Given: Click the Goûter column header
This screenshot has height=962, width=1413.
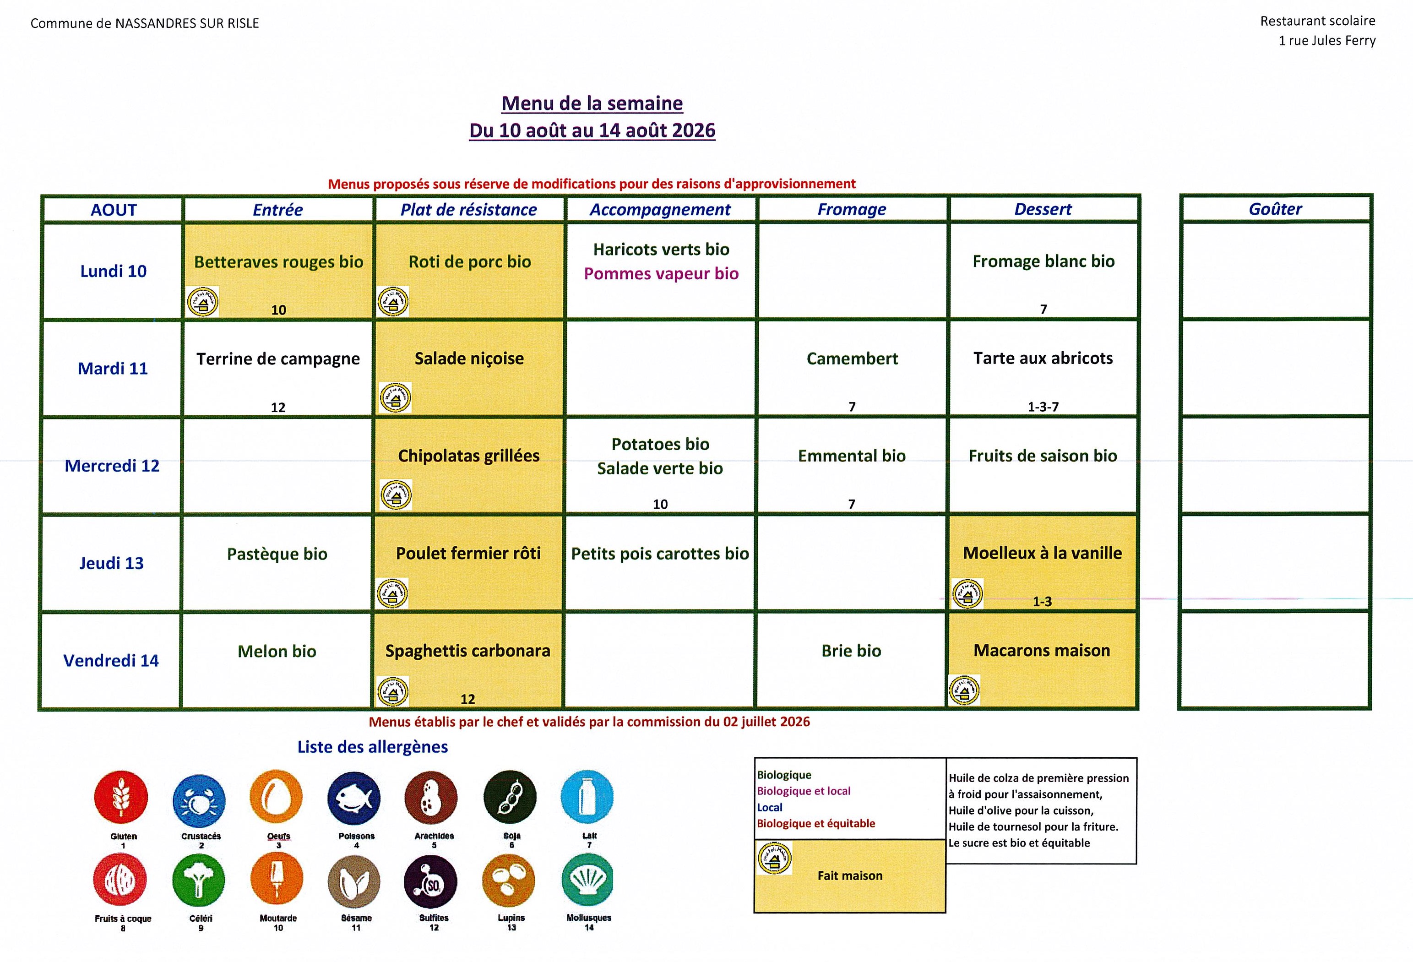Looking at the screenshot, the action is coord(1275,209).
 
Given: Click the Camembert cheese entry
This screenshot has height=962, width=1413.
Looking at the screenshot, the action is coord(852,359).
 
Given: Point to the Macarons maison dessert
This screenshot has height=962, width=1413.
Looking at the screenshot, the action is coord(1042,651).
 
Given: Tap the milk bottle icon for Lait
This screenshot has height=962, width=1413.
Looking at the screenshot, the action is coord(587,797).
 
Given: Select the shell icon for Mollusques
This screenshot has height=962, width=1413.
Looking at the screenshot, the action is coord(587,880).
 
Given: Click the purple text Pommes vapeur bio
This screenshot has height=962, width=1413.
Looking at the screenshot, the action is coord(661,274).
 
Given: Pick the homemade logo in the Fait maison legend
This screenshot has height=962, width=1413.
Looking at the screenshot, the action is coord(775,858).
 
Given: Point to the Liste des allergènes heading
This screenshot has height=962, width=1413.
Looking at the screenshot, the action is coord(372,747).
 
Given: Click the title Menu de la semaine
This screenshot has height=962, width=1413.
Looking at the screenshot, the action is coord(592,103).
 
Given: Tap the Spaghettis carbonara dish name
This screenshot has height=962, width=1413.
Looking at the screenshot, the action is coord(467,651).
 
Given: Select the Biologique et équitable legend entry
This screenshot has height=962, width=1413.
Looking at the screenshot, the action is coord(816,823).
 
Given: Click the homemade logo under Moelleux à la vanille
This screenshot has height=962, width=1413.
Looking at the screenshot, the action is coord(967,593).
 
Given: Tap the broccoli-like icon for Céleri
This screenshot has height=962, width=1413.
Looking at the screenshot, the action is coord(198,880).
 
